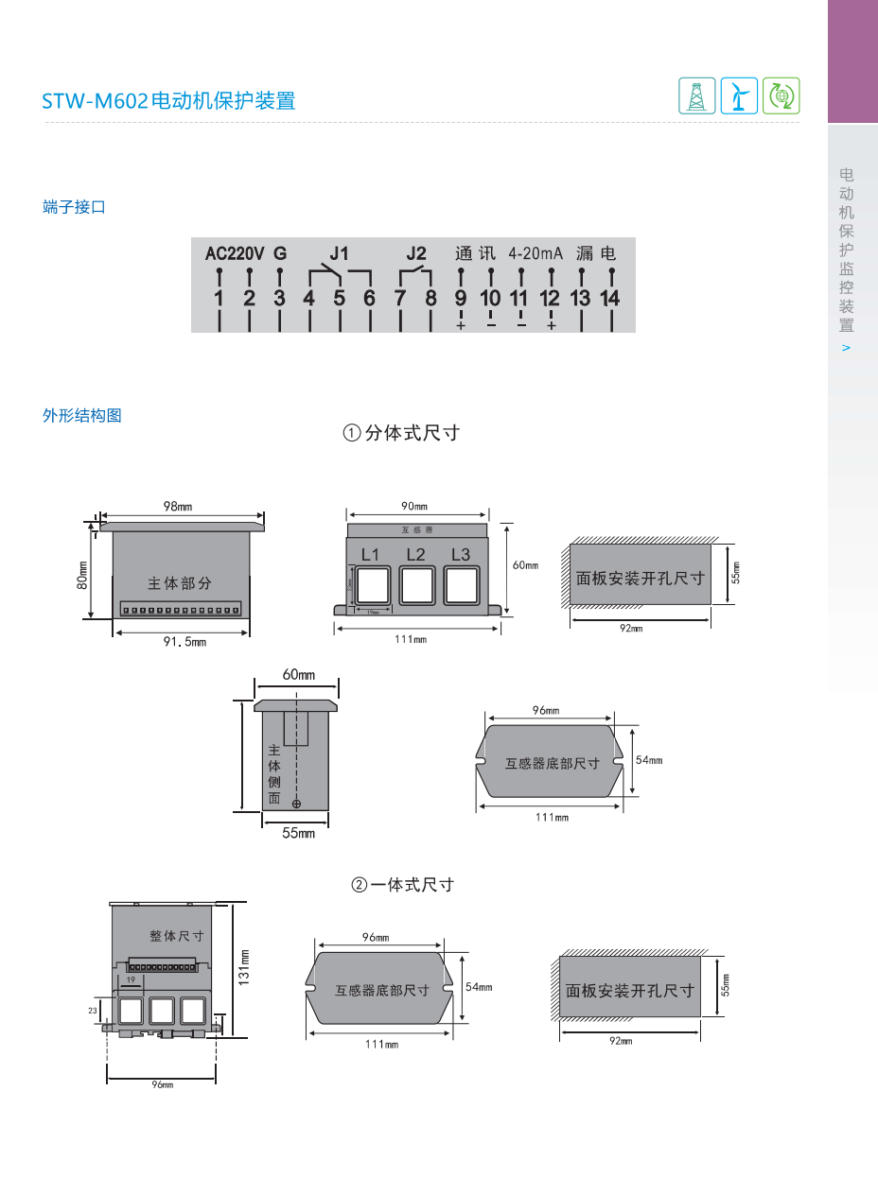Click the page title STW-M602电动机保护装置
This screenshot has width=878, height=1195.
[168, 100]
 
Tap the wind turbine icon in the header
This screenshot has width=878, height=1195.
[739, 95]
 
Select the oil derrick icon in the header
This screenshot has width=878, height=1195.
[697, 95]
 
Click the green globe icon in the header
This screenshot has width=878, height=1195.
[781, 95]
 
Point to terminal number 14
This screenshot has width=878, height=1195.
[610, 299]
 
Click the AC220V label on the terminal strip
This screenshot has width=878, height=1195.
[235, 253]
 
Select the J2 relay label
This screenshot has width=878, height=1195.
[416, 253]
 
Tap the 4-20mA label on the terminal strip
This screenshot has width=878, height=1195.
[535, 253]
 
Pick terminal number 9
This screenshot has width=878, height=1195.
[461, 299]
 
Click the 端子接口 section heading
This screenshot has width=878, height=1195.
[74, 207]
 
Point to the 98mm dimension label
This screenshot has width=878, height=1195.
[177, 506]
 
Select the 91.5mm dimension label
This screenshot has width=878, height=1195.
[184, 642]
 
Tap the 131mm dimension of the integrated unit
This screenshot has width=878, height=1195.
[243, 967]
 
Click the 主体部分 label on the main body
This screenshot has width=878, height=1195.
[180, 583]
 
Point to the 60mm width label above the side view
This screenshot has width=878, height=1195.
[298, 674]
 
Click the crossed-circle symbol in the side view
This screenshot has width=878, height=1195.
[296, 804]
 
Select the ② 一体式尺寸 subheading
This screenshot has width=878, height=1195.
[403, 885]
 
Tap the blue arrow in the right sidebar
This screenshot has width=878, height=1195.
[846, 348]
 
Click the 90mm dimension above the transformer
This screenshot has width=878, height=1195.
[414, 506]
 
